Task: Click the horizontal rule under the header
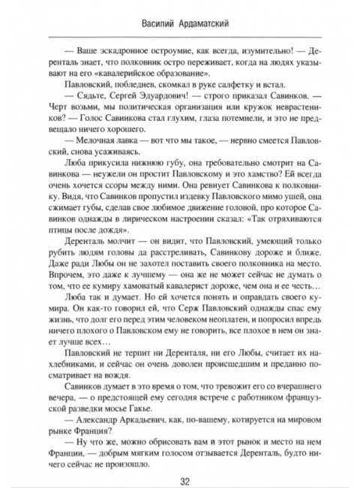[x=180, y=35]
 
